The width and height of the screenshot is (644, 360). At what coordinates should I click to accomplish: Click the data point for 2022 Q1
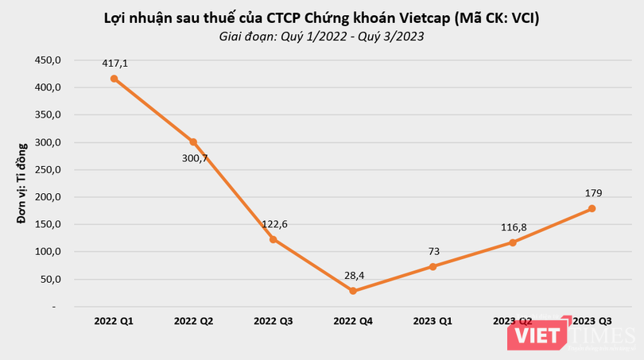pyautogui.click(x=114, y=79)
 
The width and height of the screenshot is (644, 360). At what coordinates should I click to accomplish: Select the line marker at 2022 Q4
pyautogui.click(x=353, y=291)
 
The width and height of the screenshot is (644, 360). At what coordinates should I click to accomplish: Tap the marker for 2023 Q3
pyautogui.click(x=592, y=208)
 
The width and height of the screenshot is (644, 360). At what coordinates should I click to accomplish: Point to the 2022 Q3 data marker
pyautogui.click(x=274, y=239)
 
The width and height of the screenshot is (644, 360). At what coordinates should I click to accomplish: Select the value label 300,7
pyautogui.click(x=193, y=158)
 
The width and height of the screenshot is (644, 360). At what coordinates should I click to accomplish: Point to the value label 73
pyautogui.click(x=433, y=251)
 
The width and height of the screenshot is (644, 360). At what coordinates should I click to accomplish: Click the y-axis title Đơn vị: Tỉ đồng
pyautogui.click(x=23, y=184)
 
